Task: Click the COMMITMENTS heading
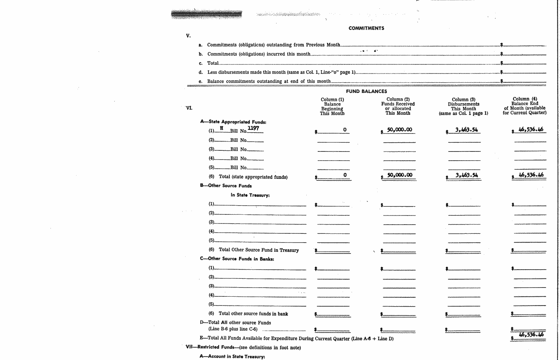(x=366, y=28)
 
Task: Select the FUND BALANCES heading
(x=366, y=91)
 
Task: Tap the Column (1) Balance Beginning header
(x=332, y=106)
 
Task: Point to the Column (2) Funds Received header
(x=398, y=106)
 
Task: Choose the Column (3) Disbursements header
(x=463, y=106)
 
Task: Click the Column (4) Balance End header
(x=524, y=106)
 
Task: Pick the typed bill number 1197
(x=253, y=128)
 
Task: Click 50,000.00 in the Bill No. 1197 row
(x=399, y=130)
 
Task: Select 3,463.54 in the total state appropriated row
(x=466, y=175)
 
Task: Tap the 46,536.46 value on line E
(x=531, y=334)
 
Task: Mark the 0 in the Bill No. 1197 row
(x=344, y=130)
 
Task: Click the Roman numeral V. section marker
(x=188, y=36)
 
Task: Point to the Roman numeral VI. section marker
(x=189, y=108)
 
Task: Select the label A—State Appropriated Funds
(x=233, y=122)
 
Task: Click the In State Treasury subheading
(x=250, y=195)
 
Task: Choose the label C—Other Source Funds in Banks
(x=237, y=259)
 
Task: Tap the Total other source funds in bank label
(x=253, y=314)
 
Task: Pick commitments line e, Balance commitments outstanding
(x=269, y=81)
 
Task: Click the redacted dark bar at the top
(x=206, y=14)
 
